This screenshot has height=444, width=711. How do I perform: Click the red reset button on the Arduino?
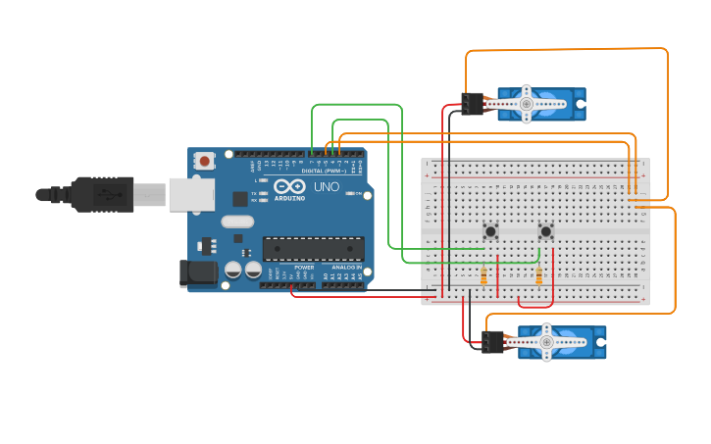pos(204,161)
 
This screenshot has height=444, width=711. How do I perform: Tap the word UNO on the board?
pos(327,186)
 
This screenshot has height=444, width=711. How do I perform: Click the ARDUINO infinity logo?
pos(289,186)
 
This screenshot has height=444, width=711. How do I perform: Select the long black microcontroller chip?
pos(313,249)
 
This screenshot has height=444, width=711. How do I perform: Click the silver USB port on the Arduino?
pos(191,194)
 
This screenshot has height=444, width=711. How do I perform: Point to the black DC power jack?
pos(198,273)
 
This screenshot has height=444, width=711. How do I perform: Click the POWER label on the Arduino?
pos(304,267)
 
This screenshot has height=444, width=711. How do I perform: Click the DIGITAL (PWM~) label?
pos(323,171)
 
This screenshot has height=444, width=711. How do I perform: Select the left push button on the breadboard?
pos(490,231)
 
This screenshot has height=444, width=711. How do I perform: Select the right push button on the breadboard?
pos(546,231)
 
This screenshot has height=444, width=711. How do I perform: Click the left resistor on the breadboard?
pos(483,276)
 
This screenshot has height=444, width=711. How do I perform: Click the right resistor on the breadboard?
pos(538,276)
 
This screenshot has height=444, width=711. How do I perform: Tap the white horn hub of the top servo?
pos(527,103)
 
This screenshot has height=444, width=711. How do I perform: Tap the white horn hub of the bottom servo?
pos(547,342)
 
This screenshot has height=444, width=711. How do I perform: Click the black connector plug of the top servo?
pos(472,103)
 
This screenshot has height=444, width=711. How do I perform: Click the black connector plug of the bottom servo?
pos(492,342)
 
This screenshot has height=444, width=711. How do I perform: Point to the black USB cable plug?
pos(102,194)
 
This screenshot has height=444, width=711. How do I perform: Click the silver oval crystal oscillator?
pos(237,222)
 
